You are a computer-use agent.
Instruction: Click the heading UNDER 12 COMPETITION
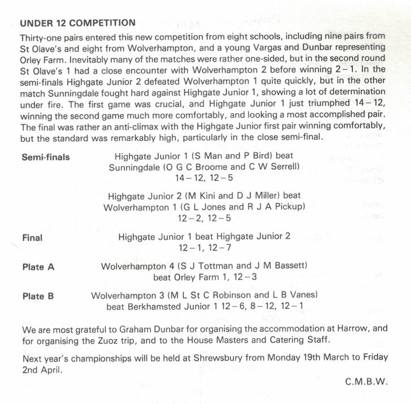click(77, 23)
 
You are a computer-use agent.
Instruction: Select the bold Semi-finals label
click(46, 157)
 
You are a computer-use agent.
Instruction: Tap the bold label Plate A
click(38, 267)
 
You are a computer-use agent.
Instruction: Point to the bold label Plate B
click(38, 296)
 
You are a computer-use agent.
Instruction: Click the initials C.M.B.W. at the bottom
click(366, 381)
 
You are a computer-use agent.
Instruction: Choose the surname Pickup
click(291, 207)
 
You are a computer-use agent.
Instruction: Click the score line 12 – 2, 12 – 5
click(204, 218)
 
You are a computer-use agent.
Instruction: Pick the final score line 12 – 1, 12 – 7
click(204, 247)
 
